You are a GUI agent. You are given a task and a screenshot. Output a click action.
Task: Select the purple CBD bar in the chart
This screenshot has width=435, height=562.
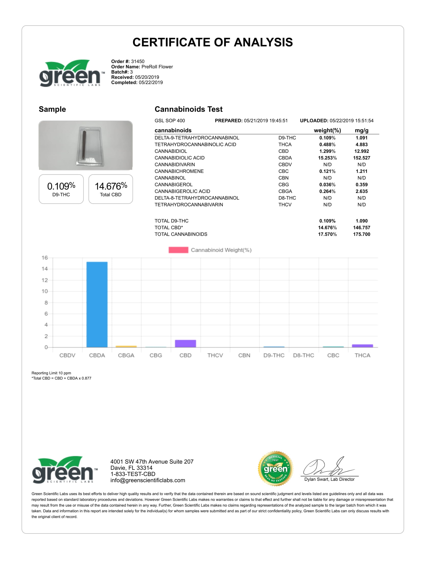point(185,344)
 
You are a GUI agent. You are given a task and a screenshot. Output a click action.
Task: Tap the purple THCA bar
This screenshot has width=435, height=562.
point(362,346)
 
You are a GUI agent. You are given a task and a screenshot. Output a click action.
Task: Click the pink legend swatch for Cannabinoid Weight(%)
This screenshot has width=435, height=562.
point(178,250)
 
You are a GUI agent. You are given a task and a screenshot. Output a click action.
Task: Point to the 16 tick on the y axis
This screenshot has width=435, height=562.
point(45,257)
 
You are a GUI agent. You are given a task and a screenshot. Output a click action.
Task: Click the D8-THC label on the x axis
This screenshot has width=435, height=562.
point(303,355)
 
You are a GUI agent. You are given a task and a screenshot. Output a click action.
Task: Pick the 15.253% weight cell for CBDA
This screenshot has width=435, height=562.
point(327,158)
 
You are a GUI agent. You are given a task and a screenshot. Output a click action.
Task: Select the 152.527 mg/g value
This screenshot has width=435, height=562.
point(362,158)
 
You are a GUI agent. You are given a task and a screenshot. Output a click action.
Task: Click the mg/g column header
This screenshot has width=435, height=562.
point(362,131)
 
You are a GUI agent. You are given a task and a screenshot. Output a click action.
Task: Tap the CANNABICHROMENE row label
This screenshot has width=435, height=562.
point(179,171)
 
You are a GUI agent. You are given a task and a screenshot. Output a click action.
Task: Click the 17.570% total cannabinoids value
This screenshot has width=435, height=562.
point(327,234)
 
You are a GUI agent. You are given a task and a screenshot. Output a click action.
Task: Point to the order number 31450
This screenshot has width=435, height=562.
point(138,62)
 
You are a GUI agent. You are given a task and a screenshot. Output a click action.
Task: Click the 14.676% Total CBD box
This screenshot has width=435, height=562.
point(111,189)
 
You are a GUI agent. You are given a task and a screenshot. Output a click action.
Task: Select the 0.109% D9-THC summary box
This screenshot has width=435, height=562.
point(61,189)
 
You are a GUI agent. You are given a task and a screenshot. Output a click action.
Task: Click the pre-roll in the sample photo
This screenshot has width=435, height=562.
point(84,144)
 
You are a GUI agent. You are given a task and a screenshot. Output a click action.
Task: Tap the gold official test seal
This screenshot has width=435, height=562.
point(276,469)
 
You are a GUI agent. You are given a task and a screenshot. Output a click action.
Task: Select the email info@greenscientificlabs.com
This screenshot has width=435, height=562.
point(148,481)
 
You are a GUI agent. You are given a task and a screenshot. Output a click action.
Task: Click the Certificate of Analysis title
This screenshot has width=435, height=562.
point(213,42)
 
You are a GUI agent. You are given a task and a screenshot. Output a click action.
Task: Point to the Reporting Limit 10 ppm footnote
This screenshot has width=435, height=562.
point(51,373)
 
